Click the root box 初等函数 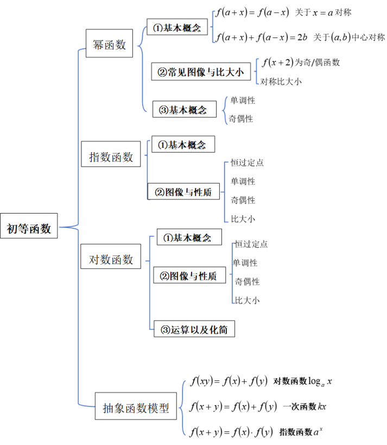[29, 228]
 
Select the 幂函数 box [109, 45]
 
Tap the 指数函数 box [111, 157]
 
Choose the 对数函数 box [111, 260]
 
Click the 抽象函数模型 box [136, 408]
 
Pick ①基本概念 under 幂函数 [177, 28]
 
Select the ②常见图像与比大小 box [200, 72]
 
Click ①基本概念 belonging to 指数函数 [182, 145]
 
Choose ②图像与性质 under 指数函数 [183, 192]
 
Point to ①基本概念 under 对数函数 [189, 237]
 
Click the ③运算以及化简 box [194, 329]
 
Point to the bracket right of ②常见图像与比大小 [257, 71]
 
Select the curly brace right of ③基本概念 [224, 110]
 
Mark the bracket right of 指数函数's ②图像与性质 [225, 192]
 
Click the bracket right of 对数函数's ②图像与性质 [232, 273]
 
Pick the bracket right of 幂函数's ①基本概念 [213, 27]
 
